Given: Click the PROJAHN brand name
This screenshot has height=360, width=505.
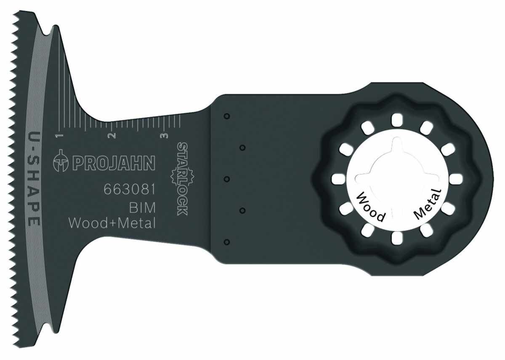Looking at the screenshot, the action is tap(114, 163).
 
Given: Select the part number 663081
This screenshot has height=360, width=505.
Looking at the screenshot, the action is tap(130, 189).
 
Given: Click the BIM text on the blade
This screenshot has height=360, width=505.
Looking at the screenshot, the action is tap(143, 207).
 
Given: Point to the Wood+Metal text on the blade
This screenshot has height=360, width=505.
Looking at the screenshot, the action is tap(112, 223).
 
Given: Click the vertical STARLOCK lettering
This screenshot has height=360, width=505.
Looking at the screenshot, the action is tap(182, 179).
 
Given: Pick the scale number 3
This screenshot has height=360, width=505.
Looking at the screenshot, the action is tap(165, 135).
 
